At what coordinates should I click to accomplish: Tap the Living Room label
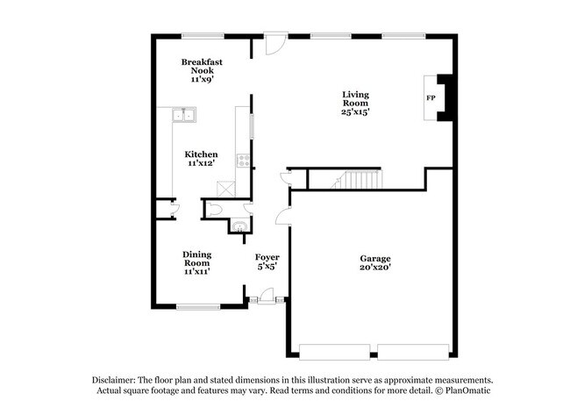pos(355,97)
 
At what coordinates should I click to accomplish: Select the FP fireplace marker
pos(431,98)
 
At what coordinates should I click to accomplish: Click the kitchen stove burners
pos(243,161)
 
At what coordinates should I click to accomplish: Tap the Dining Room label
pos(196,258)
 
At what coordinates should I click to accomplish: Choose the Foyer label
pos(267,257)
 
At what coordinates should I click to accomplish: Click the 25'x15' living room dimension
pos(355,112)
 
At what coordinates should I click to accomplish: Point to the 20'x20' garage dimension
pos(374,268)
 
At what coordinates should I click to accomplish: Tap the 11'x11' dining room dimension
pos(196,272)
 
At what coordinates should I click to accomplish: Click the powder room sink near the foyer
pos(236,227)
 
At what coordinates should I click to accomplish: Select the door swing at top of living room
pos(275,42)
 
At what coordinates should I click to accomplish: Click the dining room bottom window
pos(197,306)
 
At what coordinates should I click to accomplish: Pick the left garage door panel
pos(337,351)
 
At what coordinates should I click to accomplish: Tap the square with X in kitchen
pos(226,188)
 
